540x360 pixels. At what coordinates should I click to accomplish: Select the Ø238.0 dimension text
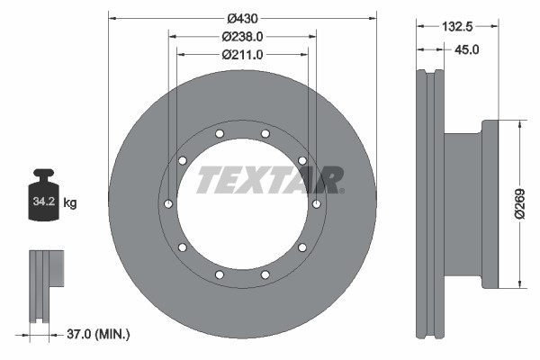(242, 37)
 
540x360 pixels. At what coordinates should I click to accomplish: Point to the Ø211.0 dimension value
(242, 55)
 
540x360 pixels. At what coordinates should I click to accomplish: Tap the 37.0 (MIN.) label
(100, 334)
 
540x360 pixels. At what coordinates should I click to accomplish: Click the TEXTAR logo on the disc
(269, 180)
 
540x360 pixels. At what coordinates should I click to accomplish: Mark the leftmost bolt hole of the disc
(167, 204)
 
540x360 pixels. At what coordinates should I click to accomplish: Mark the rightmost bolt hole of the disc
(316, 204)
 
